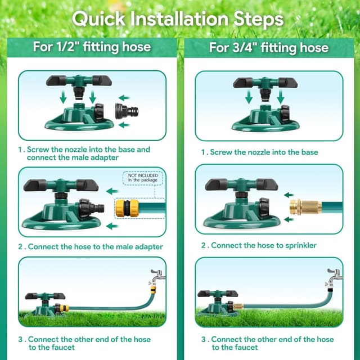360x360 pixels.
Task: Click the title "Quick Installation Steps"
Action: [x=178, y=19]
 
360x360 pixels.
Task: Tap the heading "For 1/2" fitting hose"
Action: [x=92, y=46]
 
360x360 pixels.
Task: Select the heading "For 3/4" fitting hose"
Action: [x=269, y=47]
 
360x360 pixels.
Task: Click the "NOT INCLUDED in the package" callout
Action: [x=143, y=178]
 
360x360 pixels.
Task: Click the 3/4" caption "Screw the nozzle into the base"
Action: [x=260, y=152]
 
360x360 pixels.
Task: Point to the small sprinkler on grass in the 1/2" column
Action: [x=46, y=304]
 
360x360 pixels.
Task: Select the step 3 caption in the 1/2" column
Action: [x=87, y=344]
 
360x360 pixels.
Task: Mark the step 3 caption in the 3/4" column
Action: [x=267, y=344]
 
